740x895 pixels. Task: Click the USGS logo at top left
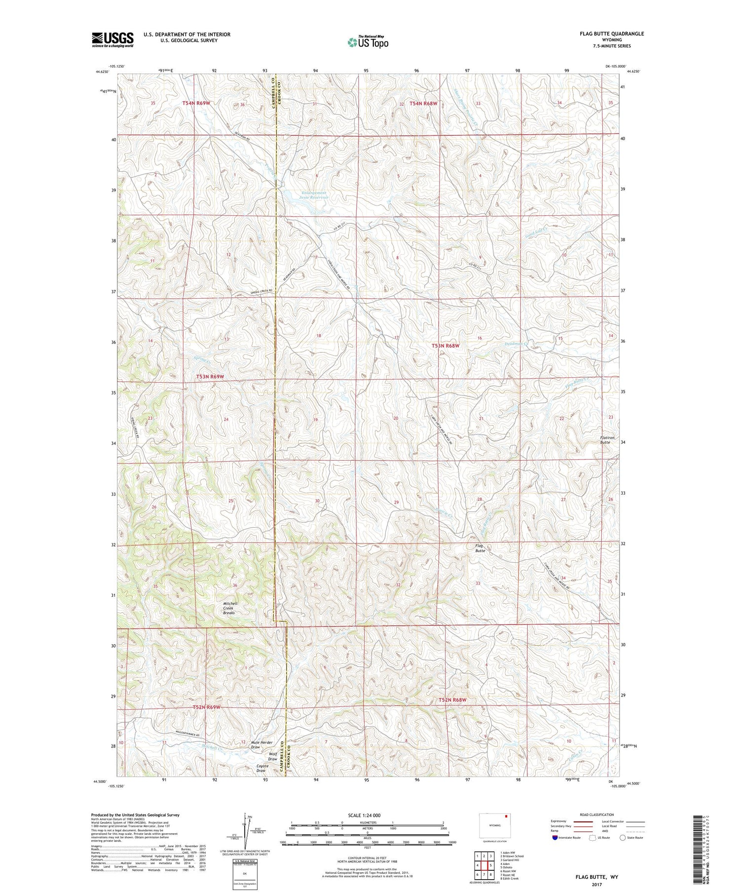[x=112, y=39]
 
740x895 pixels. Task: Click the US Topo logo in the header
[x=368, y=42]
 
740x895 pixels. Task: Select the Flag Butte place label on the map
[x=480, y=548]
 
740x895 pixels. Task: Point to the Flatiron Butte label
[x=601, y=440]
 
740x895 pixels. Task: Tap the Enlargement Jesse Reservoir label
[x=313, y=195]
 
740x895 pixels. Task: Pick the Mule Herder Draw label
[x=261, y=744]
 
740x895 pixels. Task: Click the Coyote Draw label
[x=261, y=768]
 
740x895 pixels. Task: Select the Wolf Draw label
[x=272, y=756]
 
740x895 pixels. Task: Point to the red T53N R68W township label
[x=445, y=346]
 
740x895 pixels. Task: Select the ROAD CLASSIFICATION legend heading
[x=597, y=815]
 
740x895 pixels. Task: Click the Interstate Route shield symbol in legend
[x=555, y=838]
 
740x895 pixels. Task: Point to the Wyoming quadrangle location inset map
[x=495, y=825]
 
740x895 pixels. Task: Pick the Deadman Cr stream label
[x=517, y=344]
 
